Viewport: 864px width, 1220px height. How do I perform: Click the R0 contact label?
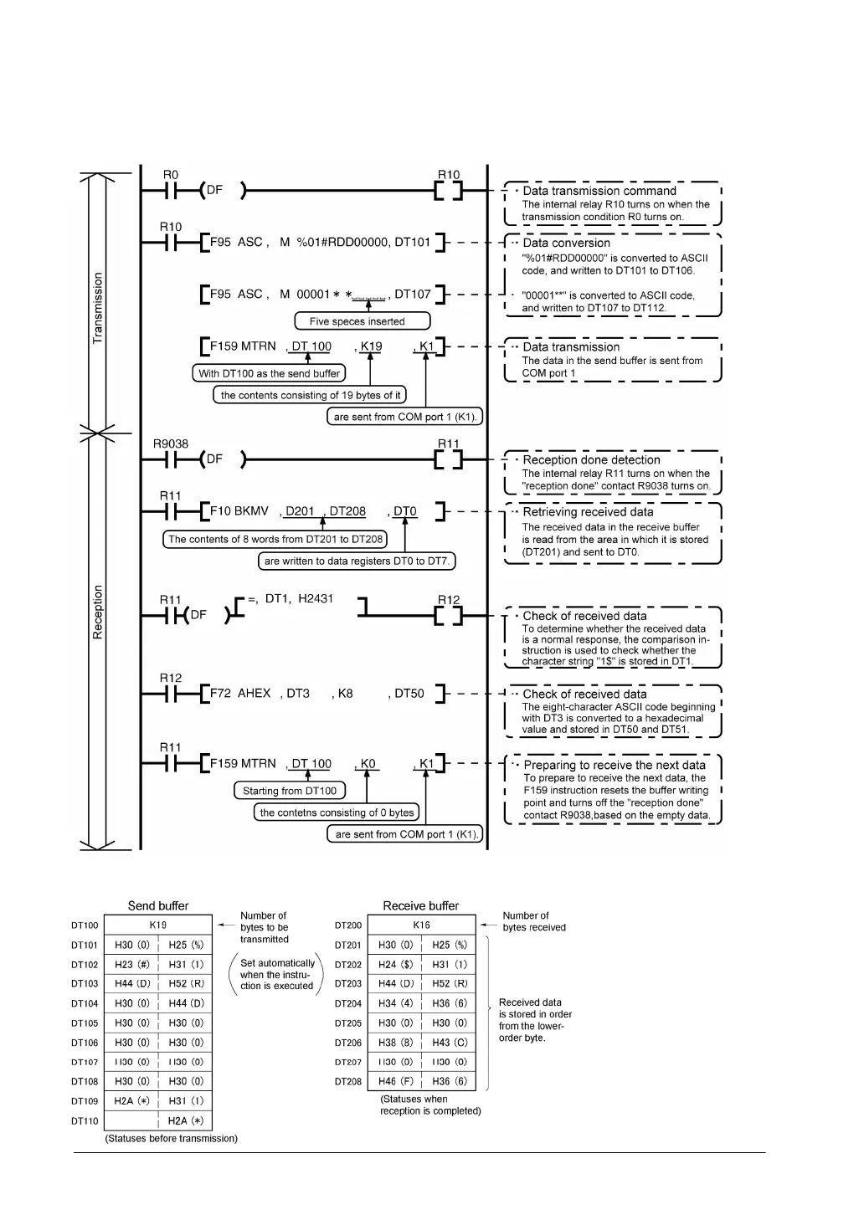pyautogui.click(x=171, y=175)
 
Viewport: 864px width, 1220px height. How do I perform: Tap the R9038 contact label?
pyautogui.click(x=171, y=444)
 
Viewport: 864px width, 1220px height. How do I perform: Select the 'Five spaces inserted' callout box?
pyautogui.click(x=362, y=321)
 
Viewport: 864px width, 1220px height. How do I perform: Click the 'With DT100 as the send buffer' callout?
pyautogui.click(x=269, y=373)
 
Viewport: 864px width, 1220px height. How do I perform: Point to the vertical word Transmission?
pyautogui.click(x=98, y=308)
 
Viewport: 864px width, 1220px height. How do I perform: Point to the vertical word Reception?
pyautogui.click(x=98, y=613)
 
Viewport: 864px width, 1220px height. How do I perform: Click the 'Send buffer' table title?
pyautogui.click(x=158, y=905)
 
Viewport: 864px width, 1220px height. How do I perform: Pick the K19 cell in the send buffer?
pyautogui.click(x=158, y=925)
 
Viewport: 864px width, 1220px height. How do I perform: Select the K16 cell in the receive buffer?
pyautogui.click(x=421, y=925)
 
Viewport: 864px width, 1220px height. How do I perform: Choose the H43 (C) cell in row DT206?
pyautogui.click(x=450, y=1043)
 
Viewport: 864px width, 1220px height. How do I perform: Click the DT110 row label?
pyautogui.click(x=85, y=1121)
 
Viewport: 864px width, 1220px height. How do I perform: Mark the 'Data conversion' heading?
pyautogui.click(x=567, y=243)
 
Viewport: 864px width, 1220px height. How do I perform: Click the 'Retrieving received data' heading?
pyautogui.click(x=588, y=512)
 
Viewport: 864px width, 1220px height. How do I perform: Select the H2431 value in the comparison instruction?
pyautogui.click(x=316, y=599)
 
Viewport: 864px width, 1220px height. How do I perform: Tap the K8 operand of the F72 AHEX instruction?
pyautogui.click(x=345, y=694)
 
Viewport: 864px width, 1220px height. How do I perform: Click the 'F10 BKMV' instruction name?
pyautogui.click(x=239, y=511)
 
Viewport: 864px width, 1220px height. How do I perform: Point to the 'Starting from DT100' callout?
pyautogui.click(x=290, y=791)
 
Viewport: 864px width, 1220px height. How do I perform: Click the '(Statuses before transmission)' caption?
pyautogui.click(x=172, y=1138)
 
